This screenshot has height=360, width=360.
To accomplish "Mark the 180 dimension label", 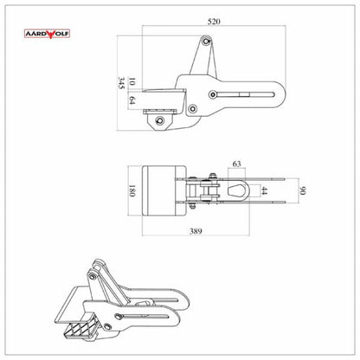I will pyautogui.click(x=132, y=191).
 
